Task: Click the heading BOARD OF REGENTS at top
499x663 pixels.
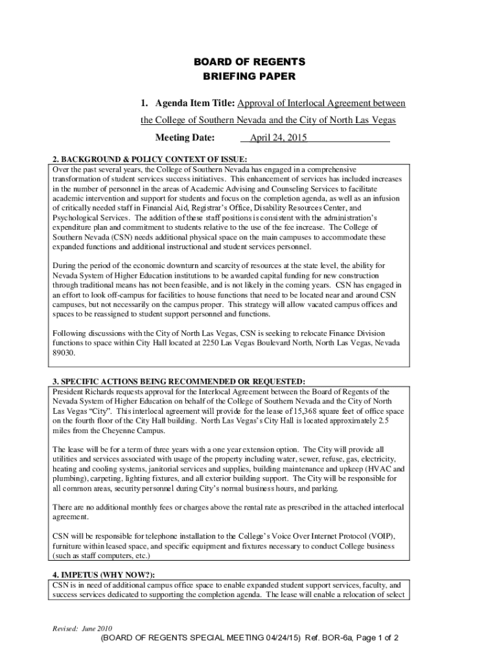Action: point(250,62)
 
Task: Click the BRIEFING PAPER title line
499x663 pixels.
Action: point(250,76)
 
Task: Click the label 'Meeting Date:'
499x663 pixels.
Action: point(185,138)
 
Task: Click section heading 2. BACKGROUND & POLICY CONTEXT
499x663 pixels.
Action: point(150,159)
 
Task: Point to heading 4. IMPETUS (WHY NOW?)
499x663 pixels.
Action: point(103,574)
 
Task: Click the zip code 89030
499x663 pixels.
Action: point(64,353)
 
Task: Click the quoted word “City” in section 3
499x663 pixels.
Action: point(97,411)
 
